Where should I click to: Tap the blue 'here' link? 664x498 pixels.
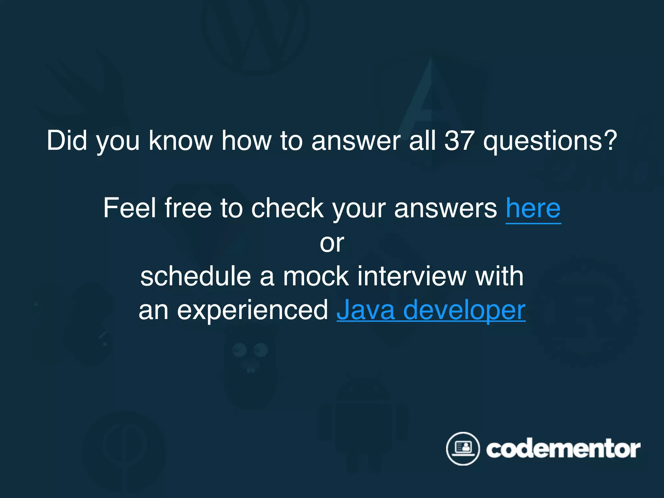pyautogui.click(x=533, y=208)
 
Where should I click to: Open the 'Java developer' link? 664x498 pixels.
pyautogui.click(x=431, y=310)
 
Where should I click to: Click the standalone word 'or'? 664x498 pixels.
pyautogui.click(x=332, y=243)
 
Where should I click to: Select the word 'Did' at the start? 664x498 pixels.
pyautogui.click(x=67, y=141)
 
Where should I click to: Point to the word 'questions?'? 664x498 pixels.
pyautogui.click(x=550, y=141)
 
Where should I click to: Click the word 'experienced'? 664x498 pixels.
pyautogui.click(x=253, y=310)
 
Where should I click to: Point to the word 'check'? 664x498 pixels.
pyautogui.click(x=287, y=208)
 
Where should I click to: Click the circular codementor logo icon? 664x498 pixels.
pyautogui.click(x=462, y=449)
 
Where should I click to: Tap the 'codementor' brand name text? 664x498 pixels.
pyautogui.click(x=563, y=449)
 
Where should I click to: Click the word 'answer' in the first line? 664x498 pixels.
pyautogui.click(x=356, y=141)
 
